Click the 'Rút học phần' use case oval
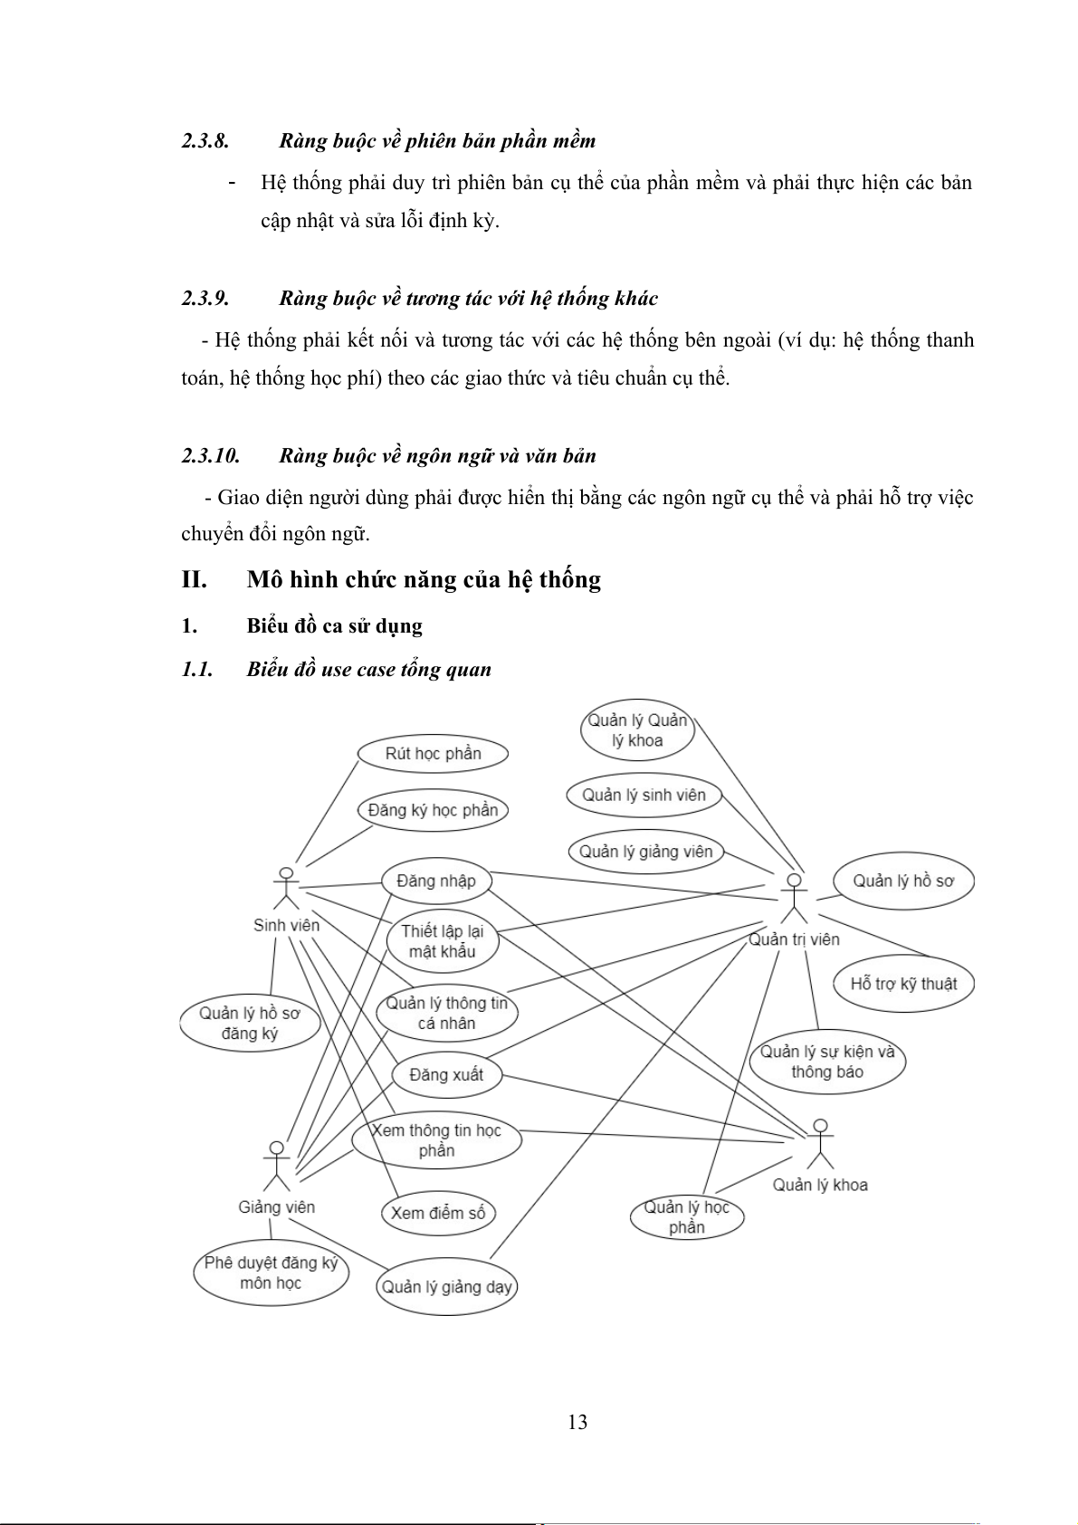coord(433,754)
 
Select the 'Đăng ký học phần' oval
coord(433,810)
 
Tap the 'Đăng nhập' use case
coord(435,881)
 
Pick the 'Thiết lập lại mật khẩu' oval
coord(442,941)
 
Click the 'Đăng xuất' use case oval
coord(445,1075)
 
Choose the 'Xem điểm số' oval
coord(438,1214)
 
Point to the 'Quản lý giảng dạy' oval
coord(446,1287)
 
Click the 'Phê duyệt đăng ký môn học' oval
coord(271,1272)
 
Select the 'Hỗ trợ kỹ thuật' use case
coord(903,984)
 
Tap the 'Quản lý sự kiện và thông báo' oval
coord(827,1062)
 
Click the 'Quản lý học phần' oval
coord(686,1217)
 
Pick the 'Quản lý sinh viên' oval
coord(644,796)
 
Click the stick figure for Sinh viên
coord(286,888)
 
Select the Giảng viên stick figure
coord(276,1166)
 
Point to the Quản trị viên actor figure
coord(794,896)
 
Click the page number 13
coord(577,1422)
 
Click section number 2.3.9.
coord(205,298)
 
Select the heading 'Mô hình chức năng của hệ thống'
coord(424,579)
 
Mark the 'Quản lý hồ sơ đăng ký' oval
coord(250,1024)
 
